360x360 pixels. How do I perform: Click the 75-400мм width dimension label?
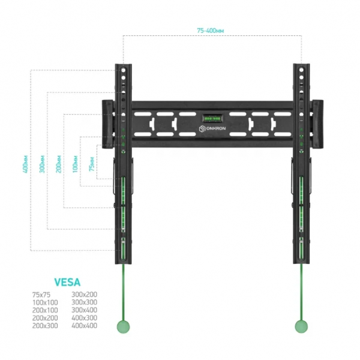211,31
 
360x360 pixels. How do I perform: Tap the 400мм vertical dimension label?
25,164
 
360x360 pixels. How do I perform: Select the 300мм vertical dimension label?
42,164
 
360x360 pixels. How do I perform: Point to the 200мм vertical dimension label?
59,164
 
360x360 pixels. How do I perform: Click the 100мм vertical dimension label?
75,164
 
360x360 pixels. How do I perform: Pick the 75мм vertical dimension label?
92,164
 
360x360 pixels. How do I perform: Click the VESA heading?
67,282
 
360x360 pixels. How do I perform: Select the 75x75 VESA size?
41,295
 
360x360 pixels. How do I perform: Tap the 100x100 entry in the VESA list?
45,302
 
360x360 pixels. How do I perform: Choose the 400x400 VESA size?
84,326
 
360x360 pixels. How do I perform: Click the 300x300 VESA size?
84,302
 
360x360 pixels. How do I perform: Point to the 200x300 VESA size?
45,326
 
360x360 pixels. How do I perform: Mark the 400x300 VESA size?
84,318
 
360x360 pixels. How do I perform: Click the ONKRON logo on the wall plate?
212,128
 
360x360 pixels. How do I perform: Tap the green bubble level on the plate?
212,118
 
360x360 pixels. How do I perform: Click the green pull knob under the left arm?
123,326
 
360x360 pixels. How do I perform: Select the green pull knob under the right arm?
301,326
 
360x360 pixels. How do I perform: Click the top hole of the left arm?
123,70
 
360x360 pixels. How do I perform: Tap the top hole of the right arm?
301,70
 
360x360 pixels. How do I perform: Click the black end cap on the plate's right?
317,124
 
